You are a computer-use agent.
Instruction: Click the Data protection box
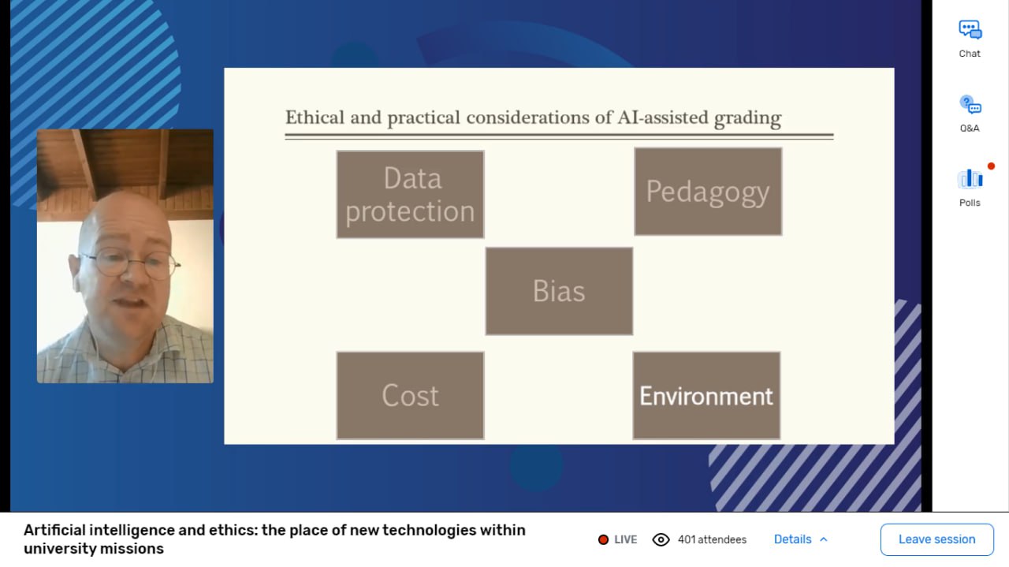411,194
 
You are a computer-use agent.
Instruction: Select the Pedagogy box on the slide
708,192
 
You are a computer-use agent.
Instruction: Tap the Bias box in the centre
559,291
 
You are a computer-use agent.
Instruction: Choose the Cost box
411,395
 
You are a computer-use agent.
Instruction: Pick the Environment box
706,395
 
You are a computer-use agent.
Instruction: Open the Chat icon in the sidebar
970,30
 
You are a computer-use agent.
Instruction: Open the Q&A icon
970,105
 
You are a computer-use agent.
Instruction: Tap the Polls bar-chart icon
970,179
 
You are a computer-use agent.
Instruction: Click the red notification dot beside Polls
991,166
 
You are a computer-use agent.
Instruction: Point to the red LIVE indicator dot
603,539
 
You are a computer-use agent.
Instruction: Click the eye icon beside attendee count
661,539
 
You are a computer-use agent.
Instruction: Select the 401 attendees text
712,539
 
